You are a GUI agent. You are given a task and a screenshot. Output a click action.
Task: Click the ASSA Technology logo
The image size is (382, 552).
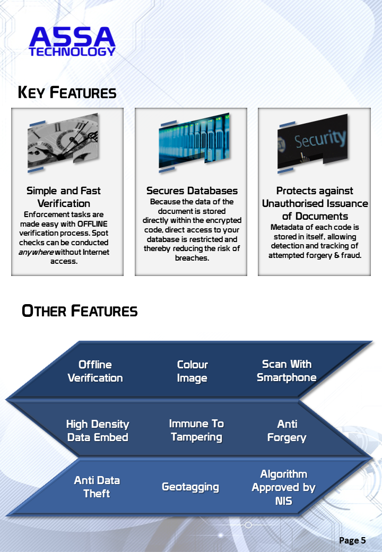coord(72,41)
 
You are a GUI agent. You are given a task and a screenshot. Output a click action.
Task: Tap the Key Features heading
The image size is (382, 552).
coord(67,93)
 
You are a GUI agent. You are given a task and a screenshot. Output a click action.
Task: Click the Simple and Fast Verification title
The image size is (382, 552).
coord(64,197)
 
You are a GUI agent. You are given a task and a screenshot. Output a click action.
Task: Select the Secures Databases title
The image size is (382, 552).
coord(192,191)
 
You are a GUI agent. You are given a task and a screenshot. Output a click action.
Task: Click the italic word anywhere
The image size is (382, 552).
coord(36,252)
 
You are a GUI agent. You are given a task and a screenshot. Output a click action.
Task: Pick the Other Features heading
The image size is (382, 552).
coord(80,311)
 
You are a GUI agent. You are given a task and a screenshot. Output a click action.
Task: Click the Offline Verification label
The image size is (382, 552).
coord(95,371)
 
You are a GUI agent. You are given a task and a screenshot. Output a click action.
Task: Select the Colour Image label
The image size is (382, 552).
coord(192,371)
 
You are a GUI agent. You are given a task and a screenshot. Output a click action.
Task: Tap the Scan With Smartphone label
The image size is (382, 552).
coord(286,370)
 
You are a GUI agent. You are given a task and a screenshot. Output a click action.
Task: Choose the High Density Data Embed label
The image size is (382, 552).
coord(98,430)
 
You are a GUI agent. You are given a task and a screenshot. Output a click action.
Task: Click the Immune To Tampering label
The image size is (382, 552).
coord(196,430)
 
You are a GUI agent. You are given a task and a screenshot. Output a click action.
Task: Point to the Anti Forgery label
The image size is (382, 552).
coord(287,430)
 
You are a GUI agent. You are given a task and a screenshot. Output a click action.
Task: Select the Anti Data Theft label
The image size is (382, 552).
coord(97,487)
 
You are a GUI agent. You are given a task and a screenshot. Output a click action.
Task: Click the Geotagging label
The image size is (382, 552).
coord(190,487)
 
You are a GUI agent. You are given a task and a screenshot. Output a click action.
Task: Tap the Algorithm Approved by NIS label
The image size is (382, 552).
coord(284,487)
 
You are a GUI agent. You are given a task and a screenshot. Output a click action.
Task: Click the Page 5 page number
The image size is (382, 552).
coord(352,540)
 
